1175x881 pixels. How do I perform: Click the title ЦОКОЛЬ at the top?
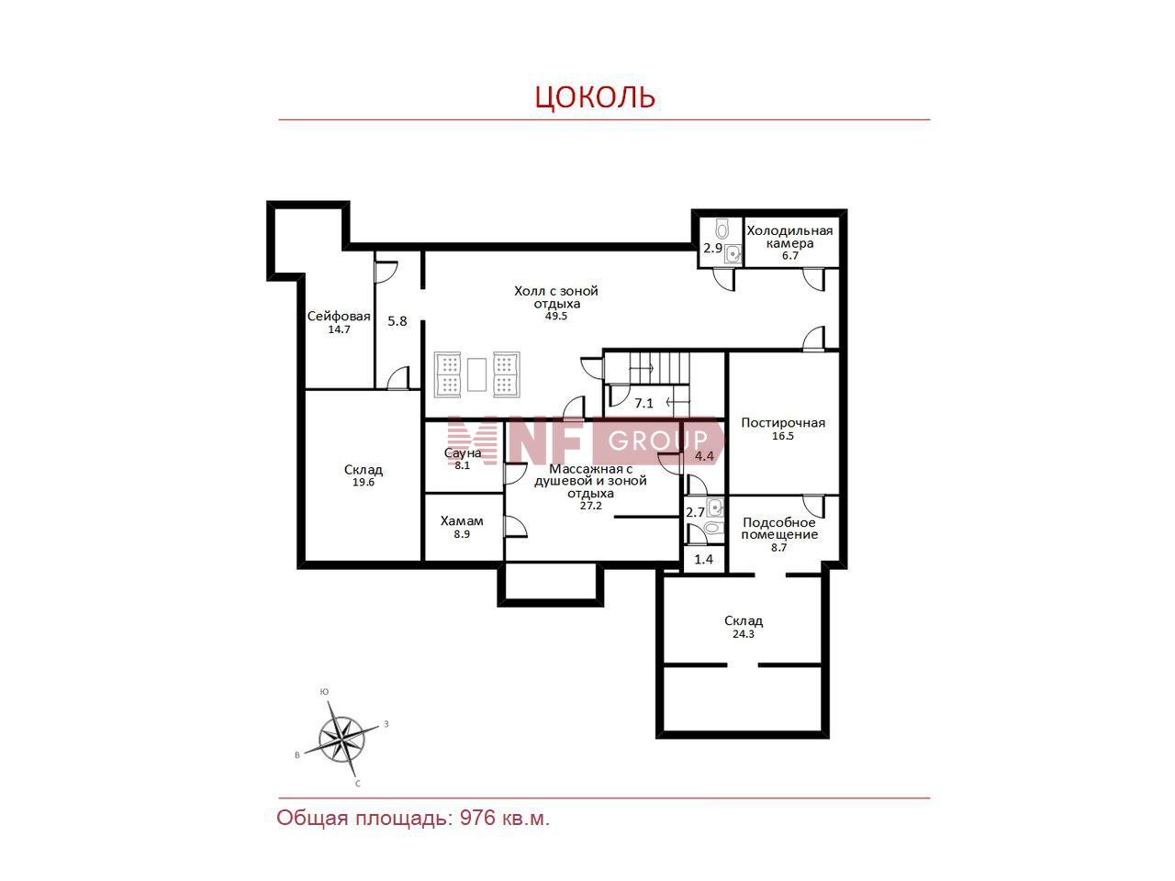point(595,97)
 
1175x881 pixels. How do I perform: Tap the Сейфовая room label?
point(339,316)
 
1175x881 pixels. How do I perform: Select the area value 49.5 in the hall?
point(555,316)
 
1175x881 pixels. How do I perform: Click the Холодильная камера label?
point(789,237)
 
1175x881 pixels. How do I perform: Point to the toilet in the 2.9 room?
point(722,229)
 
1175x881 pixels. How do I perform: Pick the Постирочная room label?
point(783,422)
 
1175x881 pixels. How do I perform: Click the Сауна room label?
point(463,453)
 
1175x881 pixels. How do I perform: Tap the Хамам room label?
point(462,520)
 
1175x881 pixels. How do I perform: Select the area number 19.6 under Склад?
point(363,483)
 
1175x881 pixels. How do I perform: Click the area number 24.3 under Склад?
point(743,634)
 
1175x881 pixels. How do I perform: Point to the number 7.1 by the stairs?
point(644,403)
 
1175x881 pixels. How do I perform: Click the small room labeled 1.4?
point(703,560)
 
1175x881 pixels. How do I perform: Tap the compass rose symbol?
point(341,740)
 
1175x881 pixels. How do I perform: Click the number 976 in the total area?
point(477,819)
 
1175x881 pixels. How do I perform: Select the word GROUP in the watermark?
point(658,440)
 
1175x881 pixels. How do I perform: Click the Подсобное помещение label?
point(779,529)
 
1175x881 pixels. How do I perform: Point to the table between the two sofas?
point(476,374)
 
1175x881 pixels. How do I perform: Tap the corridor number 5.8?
point(397,321)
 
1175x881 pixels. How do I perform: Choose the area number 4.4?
point(704,456)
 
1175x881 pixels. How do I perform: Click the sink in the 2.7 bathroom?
point(714,507)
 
